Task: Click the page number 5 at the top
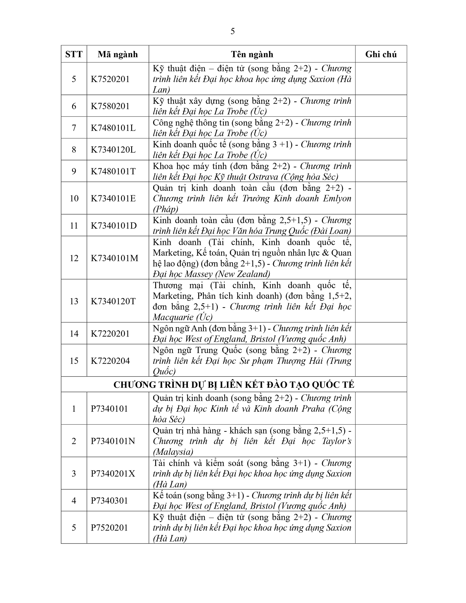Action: pyautogui.click(x=233, y=31)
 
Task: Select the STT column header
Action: pyautogui.click(x=74, y=54)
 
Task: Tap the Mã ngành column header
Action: pyautogui.click(x=118, y=54)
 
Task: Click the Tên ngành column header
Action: pyautogui.click(x=252, y=54)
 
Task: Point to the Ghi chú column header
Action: pyautogui.click(x=381, y=54)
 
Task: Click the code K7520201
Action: pyautogui.click(x=110, y=79)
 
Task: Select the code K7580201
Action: pyautogui.click(x=110, y=106)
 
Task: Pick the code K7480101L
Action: pyautogui.click(x=113, y=128)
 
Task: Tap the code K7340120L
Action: pyautogui.click(x=113, y=150)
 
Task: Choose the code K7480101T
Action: pyautogui.click(x=113, y=171)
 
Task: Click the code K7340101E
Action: pyautogui.click(x=113, y=198)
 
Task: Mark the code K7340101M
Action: pyautogui.click(x=115, y=258)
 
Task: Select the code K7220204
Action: pyautogui.click(x=110, y=361)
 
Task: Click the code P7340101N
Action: pyautogui.click(x=113, y=441)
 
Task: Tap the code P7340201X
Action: pyautogui.click(x=113, y=473)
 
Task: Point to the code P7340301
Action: pyautogui.click(x=109, y=500)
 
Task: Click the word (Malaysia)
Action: pyautogui.click(x=173, y=452)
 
